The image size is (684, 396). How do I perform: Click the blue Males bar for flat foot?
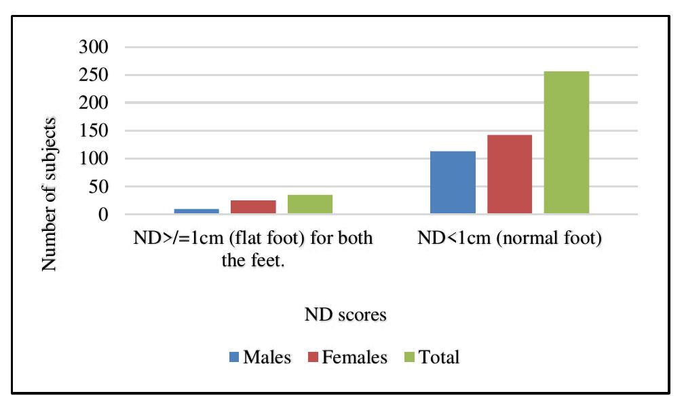[196, 211]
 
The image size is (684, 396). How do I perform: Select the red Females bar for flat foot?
[253, 207]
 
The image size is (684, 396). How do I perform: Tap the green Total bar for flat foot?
[310, 204]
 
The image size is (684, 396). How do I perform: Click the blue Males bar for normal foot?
[453, 183]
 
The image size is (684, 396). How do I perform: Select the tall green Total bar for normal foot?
[566, 143]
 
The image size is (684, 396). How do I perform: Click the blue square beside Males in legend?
[233, 357]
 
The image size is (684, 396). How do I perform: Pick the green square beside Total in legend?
[410, 357]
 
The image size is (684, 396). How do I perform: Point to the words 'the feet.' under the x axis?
[253, 261]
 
